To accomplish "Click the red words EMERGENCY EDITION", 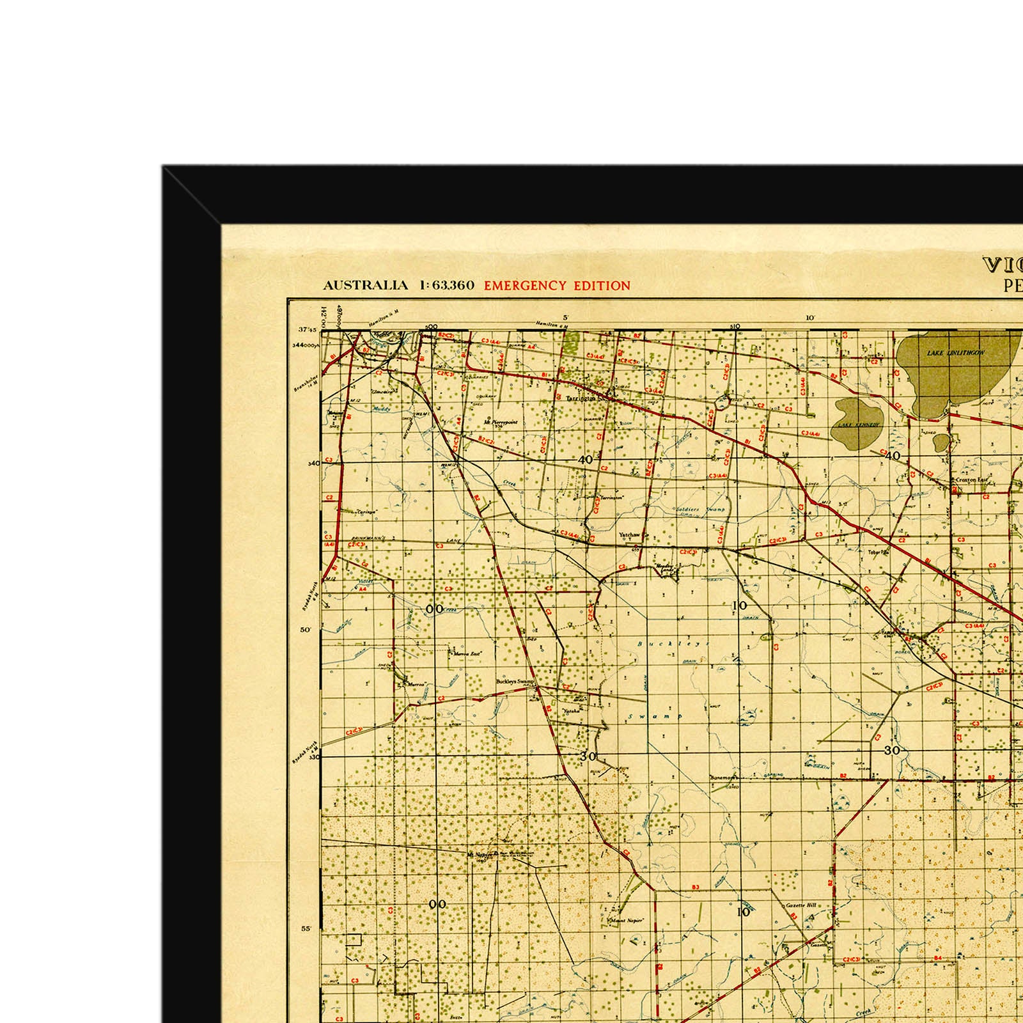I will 557,286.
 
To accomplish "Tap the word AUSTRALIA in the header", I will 364,286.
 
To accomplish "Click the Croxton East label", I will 972,480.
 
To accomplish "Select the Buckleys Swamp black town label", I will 515,682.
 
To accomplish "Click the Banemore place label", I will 724,777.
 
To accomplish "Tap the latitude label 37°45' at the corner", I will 308,331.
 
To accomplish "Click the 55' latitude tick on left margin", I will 306,928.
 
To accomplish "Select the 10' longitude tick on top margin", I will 809,318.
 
